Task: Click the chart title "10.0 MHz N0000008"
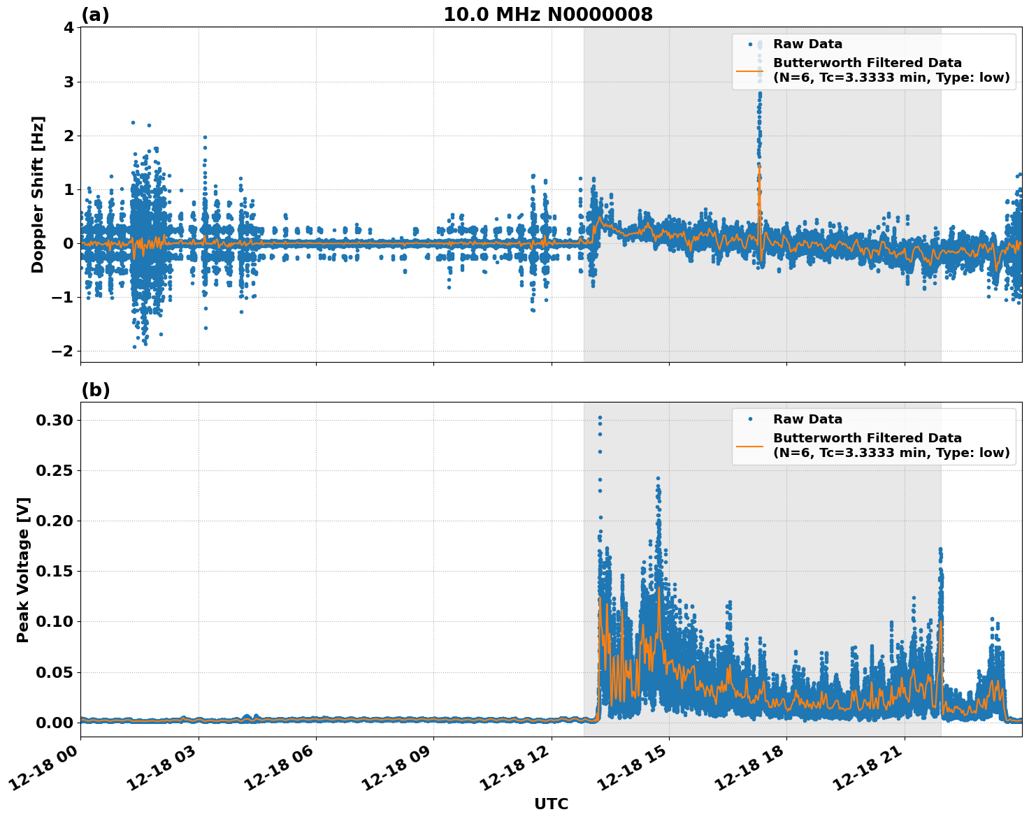coord(548,15)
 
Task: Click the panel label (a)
coord(95,15)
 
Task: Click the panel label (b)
coord(95,390)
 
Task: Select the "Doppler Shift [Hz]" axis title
coord(38,194)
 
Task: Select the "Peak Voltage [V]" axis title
coord(23,570)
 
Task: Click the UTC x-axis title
coord(551,804)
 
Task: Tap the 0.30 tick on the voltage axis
coord(55,420)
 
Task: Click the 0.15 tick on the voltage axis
coord(55,571)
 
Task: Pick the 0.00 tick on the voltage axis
coord(55,723)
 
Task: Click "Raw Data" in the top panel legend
coord(807,45)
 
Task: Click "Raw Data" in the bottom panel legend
coord(807,419)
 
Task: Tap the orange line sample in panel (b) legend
coord(750,445)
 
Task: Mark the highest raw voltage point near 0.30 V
coord(600,417)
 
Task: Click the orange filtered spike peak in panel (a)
coord(760,166)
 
